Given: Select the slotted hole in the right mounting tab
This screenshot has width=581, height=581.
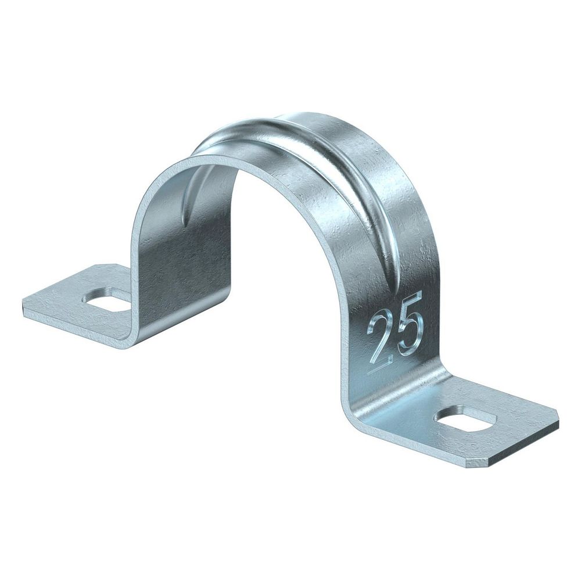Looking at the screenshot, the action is point(466,422).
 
